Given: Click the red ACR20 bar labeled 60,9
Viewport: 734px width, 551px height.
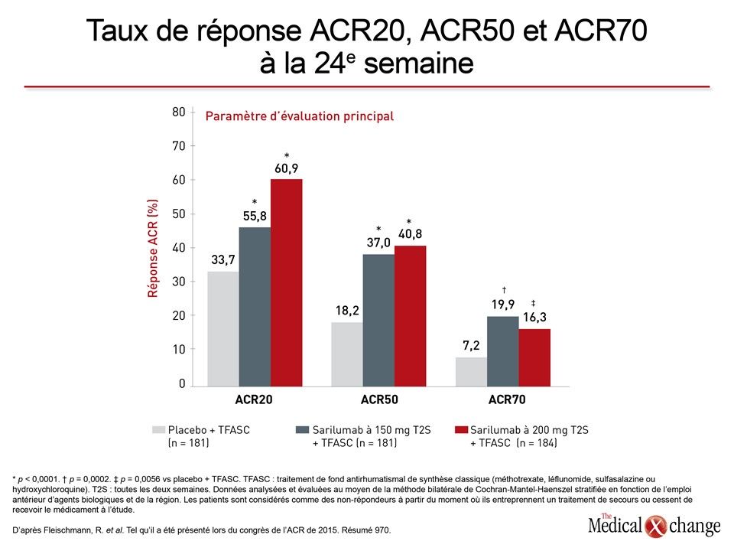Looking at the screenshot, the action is point(286,282).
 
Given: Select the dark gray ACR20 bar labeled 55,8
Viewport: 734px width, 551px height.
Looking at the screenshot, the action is point(255,307).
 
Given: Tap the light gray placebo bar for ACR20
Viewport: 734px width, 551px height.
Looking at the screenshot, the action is point(223,329).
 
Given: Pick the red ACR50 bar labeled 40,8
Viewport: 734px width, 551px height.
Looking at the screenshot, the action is point(410,316).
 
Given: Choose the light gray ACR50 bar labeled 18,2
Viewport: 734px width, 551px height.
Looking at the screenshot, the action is point(347,354).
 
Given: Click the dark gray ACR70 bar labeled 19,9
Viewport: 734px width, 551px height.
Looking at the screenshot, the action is point(503,351).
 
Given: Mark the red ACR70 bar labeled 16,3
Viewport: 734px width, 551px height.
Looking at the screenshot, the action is point(534,357).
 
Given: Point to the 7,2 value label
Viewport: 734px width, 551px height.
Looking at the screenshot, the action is point(471,346).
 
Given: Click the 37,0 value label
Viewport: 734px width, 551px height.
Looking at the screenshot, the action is point(378,243).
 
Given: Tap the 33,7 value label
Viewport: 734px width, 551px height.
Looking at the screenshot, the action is point(223,259).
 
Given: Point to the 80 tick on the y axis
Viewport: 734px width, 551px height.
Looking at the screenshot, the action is point(179,112).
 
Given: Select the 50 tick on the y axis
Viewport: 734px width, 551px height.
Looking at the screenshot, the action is point(179,214).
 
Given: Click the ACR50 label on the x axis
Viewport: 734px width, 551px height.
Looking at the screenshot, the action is point(379,399).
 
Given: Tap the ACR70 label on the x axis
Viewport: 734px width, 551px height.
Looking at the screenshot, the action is point(507,399).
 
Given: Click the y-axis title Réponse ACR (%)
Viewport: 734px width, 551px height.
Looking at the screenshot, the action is point(153,248).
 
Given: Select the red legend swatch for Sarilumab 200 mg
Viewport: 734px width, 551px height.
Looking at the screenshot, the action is point(462,429).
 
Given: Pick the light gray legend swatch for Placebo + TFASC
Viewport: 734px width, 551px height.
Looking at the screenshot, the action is point(159,429).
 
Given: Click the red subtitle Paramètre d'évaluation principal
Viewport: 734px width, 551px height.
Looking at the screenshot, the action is point(300,116).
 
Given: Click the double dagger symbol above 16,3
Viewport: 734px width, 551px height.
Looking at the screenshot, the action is point(533,304).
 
